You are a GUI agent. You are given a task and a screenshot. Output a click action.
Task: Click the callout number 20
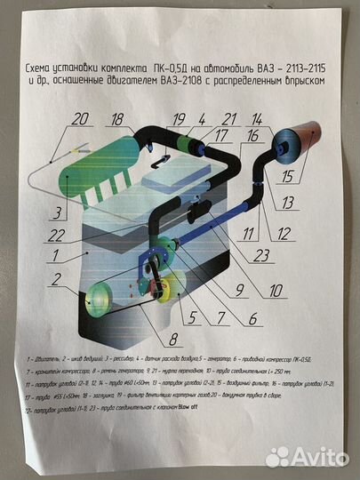[81, 118]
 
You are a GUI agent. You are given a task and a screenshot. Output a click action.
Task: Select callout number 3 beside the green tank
[56, 213]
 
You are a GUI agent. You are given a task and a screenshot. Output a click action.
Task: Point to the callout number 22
[58, 236]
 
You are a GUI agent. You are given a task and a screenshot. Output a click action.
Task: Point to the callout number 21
[229, 119]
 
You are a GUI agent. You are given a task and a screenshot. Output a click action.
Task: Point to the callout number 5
[212, 317]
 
